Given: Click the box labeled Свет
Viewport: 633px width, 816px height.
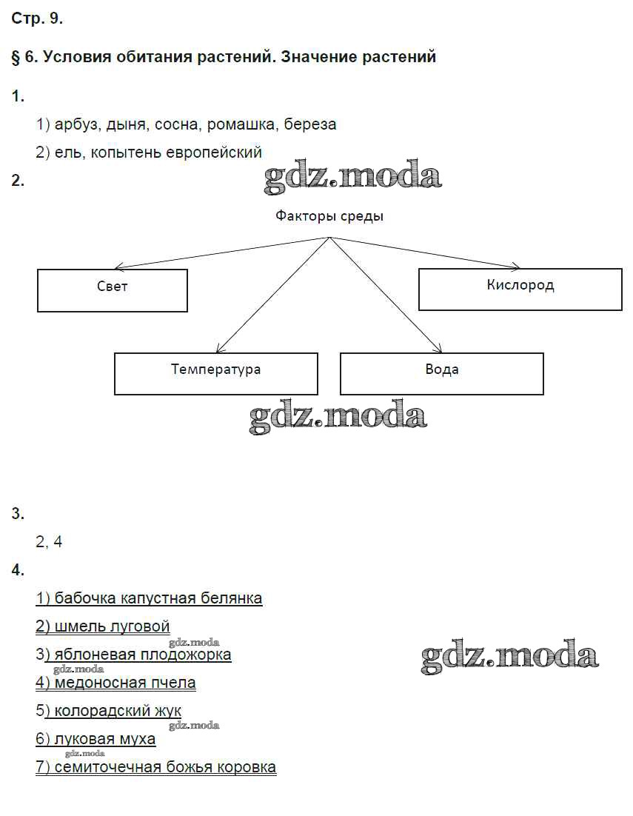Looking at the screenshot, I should click(x=112, y=290).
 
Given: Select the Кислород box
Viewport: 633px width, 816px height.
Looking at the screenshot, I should click(x=520, y=289).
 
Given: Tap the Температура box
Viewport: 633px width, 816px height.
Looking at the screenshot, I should click(x=215, y=373).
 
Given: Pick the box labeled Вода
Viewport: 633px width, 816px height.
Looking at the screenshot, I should click(x=441, y=373).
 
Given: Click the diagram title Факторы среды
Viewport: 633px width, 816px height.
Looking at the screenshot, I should click(x=329, y=216).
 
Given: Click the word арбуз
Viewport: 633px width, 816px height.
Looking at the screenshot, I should click(x=76, y=124).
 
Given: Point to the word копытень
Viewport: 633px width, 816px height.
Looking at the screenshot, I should click(x=125, y=153).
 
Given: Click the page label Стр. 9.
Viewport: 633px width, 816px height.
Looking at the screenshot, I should click(x=37, y=20).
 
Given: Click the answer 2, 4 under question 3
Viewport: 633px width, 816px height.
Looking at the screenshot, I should click(x=49, y=541).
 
